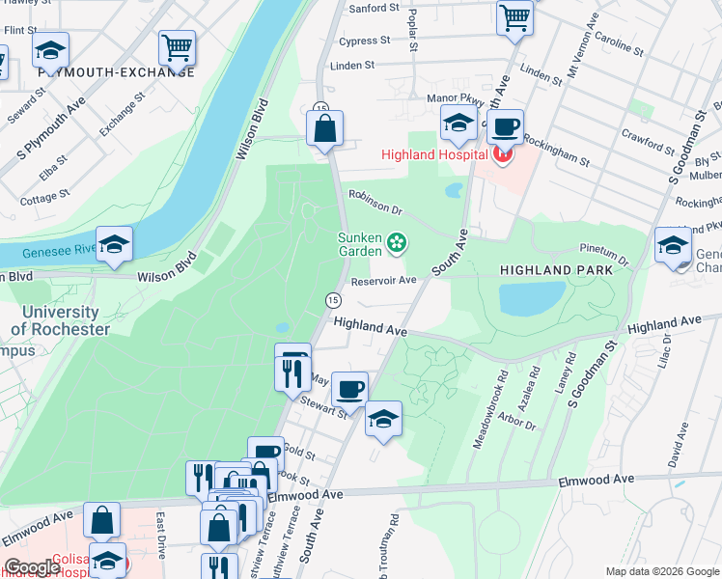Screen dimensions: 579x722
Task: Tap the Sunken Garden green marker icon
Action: click(396, 245)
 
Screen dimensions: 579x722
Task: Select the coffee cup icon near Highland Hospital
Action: click(504, 126)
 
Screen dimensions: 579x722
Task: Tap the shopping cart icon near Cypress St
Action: click(514, 16)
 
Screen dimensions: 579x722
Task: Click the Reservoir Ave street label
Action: click(383, 281)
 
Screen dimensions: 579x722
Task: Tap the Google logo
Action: click(32, 567)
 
